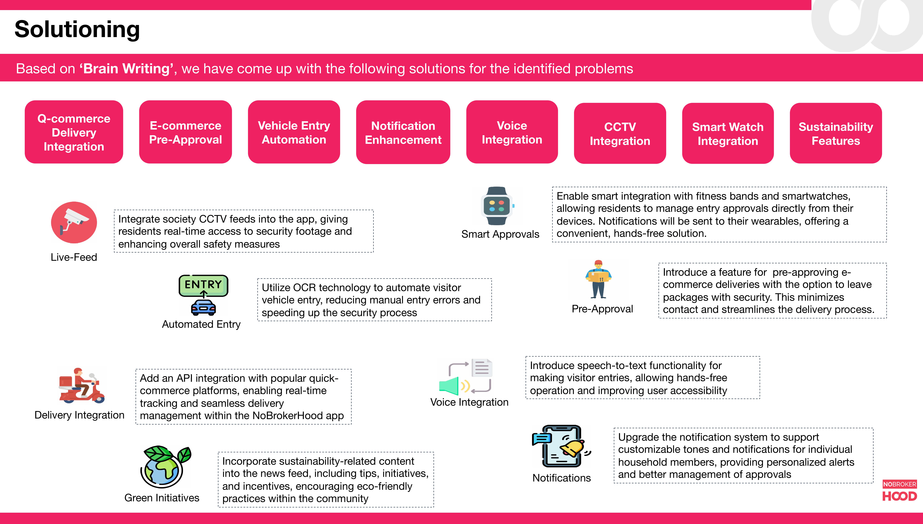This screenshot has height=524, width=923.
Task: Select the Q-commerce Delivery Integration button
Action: click(74, 132)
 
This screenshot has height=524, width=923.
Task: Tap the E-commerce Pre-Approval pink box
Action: click(185, 132)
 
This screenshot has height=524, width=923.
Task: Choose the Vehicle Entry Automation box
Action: click(294, 132)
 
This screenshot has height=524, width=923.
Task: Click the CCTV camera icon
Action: click(74, 222)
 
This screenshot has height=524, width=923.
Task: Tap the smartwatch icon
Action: click(497, 206)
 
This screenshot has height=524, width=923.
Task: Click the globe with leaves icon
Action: click(166, 466)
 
